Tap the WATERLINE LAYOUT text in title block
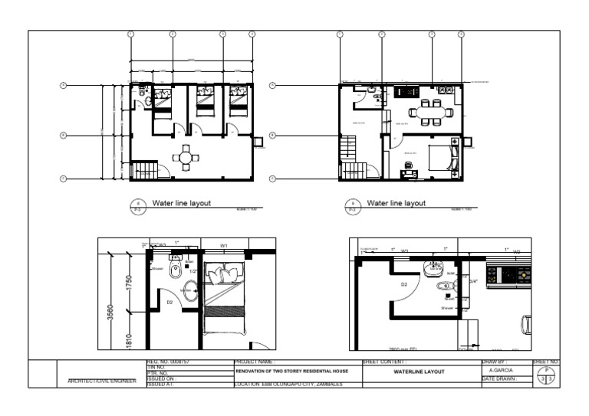[419, 372]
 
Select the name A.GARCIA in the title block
[501, 371]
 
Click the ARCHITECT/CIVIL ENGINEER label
[101, 381]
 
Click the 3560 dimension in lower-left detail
[111, 313]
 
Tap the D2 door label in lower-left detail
[169, 302]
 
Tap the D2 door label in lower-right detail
[403, 284]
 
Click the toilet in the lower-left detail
[176, 270]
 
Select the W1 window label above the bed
[224, 246]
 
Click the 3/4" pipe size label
[473, 281]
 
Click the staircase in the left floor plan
[143, 170]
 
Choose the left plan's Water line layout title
[181, 204]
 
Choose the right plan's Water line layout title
[396, 204]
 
